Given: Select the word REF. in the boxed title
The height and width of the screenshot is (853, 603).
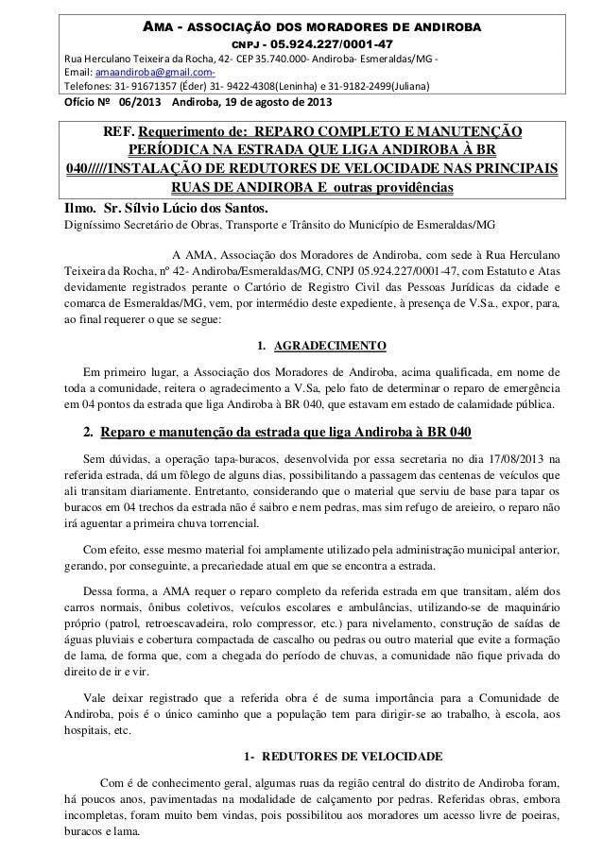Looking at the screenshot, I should coord(95,129).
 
